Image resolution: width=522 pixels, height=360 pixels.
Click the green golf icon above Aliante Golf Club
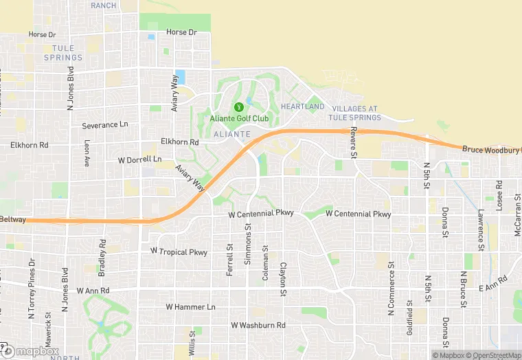point(239,107)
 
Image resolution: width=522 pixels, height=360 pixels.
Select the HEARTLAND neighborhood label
point(302,107)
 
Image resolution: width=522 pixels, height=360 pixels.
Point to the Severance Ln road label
point(105,126)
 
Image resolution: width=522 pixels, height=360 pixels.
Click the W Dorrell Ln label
point(139,160)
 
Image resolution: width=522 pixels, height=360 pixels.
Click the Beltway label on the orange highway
point(13,220)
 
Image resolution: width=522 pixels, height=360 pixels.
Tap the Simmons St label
point(248,243)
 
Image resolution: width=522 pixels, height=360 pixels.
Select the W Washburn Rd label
point(258,325)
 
